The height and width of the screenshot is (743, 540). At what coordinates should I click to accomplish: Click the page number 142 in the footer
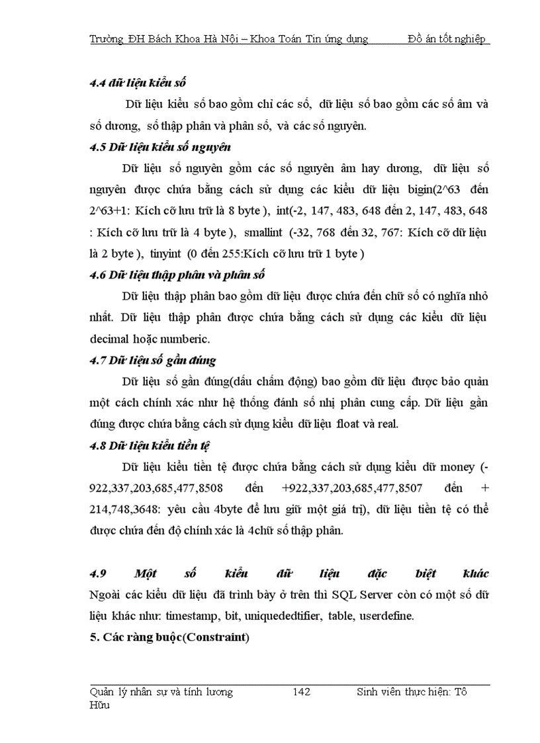[301, 692]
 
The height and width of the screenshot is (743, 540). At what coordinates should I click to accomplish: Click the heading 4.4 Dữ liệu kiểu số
[138, 83]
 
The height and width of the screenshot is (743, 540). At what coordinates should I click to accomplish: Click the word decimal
[109, 339]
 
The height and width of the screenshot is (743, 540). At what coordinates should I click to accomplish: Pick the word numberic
[185, 339]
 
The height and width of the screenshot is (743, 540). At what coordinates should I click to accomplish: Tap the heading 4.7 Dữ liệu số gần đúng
[153, 361]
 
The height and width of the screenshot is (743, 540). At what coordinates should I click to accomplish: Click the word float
[351, 424]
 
